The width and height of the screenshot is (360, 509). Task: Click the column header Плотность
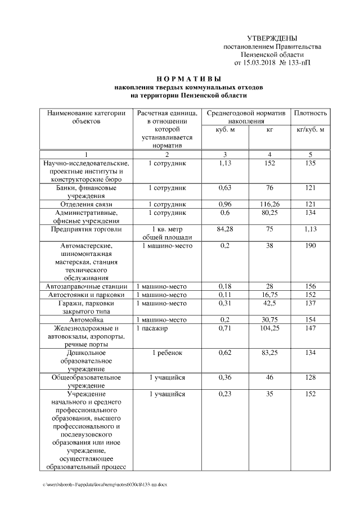(x=310, y=114)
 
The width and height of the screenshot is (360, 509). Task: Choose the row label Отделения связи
(x=85, y=203)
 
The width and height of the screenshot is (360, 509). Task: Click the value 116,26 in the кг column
(x=269, y=203)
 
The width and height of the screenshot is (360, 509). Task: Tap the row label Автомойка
(x=85, y=319)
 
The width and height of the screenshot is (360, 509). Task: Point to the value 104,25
(x=269, y=328)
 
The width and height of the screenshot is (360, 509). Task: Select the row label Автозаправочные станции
(x=85, y=286)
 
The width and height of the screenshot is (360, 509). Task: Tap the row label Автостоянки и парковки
(x=85, y=295)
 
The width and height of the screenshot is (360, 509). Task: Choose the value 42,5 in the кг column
(x=269, y=303)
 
